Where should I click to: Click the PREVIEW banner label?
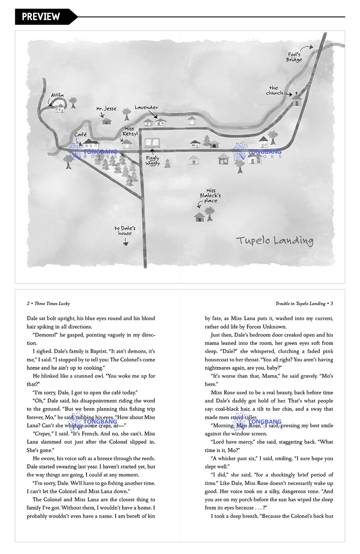click(41, 17)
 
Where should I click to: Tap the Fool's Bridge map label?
click(294, 57)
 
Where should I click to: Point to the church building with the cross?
click(297, 99)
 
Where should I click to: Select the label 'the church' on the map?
click(274, 91)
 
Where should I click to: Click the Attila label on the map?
click(58, 96)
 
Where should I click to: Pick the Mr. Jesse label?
click(106, 109)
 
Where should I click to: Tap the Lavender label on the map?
click(146, 107)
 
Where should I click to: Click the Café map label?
click(80, 135)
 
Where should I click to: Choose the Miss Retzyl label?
click(129, 131)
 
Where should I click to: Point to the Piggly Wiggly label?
click(152, 161)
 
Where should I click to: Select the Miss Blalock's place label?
click(210, 196)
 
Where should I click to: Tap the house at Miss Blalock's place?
click(199, 217)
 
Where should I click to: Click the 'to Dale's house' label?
click(125, 231)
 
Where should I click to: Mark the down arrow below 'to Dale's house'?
click(125, 243)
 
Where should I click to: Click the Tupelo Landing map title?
click(274, 241)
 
